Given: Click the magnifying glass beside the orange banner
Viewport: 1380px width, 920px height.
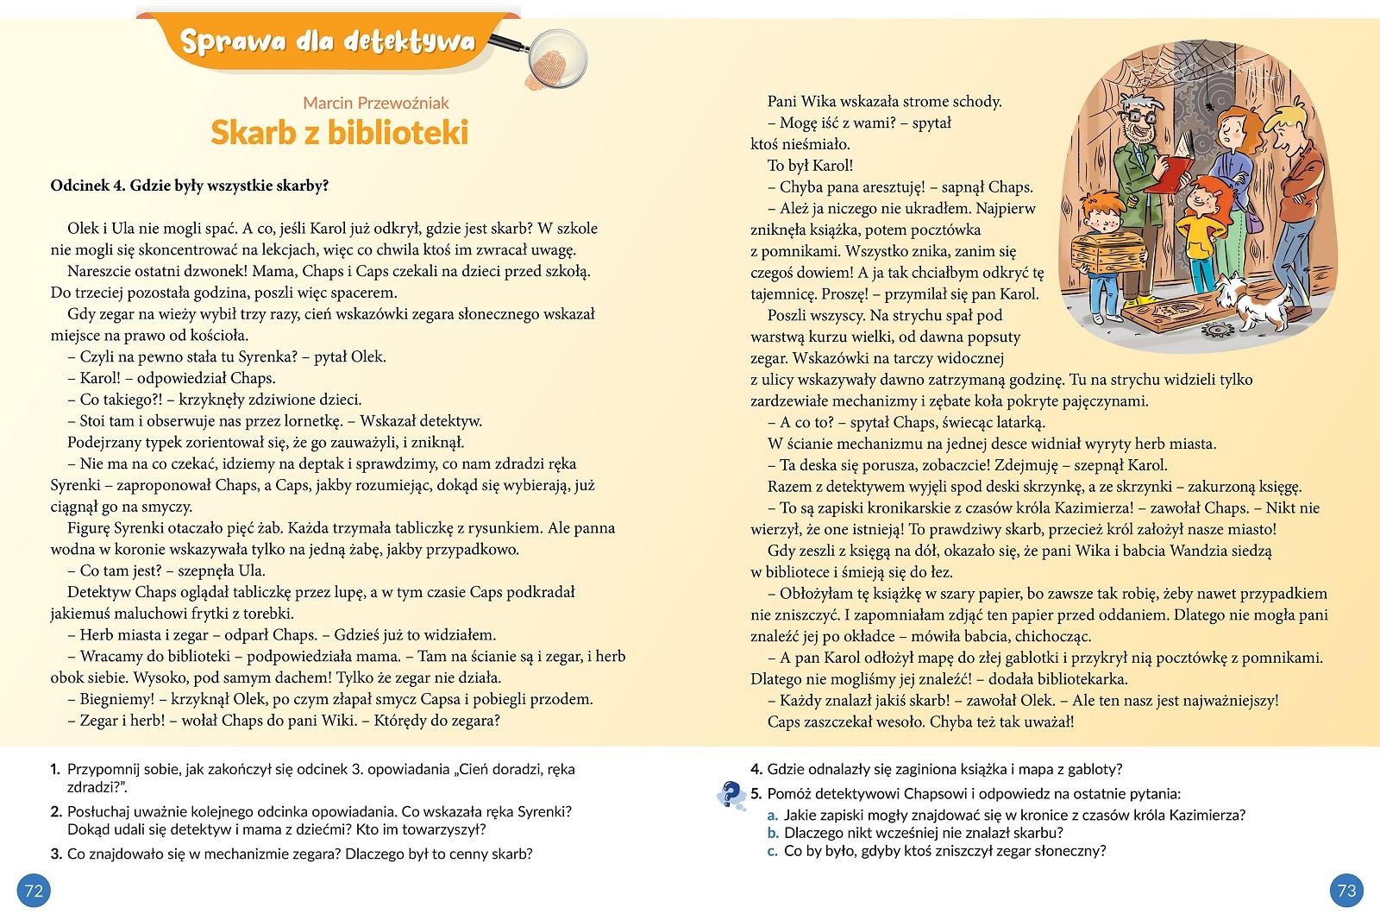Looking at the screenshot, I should [556, 59].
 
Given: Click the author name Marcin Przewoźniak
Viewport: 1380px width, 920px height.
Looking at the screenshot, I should [375, 103].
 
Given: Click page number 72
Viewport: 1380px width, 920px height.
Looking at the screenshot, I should [34, 891].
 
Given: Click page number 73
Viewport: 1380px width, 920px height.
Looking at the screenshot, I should [1346, 891].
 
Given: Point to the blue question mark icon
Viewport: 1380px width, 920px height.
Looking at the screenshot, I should [731, 794].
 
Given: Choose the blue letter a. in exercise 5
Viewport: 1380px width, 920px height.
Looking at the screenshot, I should [773, 815].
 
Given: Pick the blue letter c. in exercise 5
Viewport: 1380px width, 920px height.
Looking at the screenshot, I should [773, 851].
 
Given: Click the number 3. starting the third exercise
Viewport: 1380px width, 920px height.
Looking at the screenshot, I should [56, 854].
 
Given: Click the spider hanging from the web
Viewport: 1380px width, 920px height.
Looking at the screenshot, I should [1210, 104].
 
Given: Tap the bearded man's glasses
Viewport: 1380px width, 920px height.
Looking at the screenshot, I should [1138, 116].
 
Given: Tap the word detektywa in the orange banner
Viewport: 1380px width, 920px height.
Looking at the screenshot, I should [409, 41].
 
